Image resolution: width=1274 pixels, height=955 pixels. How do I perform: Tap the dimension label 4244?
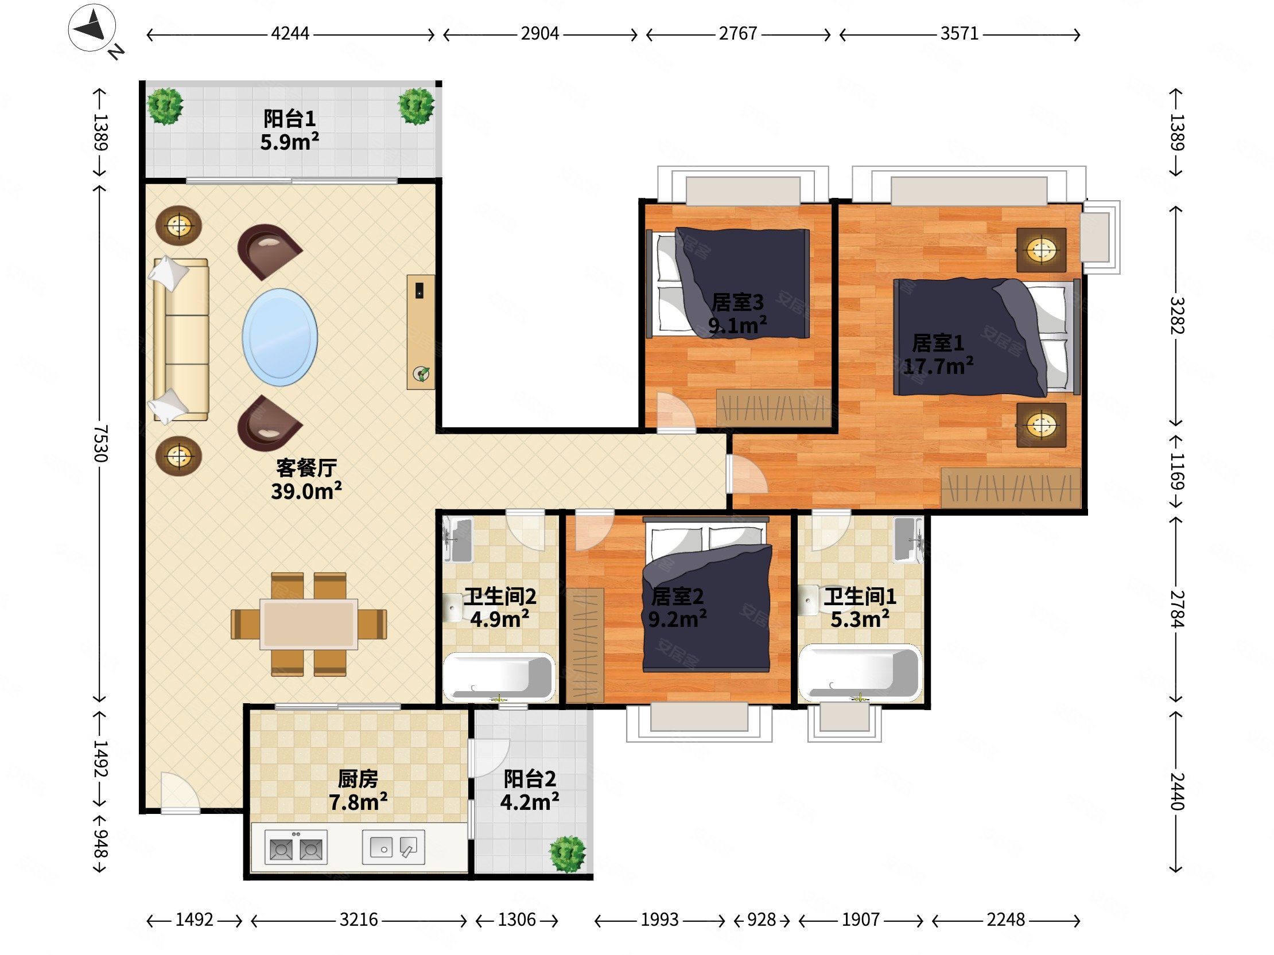pyautogui.click(x=290, y=34)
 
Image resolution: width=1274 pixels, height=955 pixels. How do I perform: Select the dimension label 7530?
pyautogui.click(x=100, y=443)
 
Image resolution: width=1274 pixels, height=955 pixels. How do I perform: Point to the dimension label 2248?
pyautogui.click(x=1005, y=919)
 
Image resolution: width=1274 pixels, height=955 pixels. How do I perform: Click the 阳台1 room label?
pyautogui.click(x=290, y=119)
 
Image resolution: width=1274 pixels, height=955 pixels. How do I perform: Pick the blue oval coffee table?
pyautogui.click(x=280, y=337)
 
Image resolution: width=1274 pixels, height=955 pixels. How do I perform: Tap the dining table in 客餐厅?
pyautogui.click(x=309, y=624)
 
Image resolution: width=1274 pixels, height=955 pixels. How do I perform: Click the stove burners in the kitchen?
pyautogui.click(x=296, y=847)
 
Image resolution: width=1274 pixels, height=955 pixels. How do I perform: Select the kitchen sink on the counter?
pyautogui.click(x=393, y=847)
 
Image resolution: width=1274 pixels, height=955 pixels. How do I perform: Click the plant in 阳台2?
pyautogui.click(x=568, y=853)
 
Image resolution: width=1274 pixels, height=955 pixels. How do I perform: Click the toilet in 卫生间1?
pyautogui.click(x=809, y=601)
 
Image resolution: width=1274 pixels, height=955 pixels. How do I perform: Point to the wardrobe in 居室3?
pyautogui.click(x=774, y=408)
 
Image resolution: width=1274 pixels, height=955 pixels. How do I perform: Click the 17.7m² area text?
pyautogui.click(x=938, y=366)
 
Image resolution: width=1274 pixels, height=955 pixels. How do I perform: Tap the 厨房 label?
pyautogui.click(x=358, y=779)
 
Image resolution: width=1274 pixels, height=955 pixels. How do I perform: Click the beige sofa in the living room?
pyautogui.click(x=181, y=340)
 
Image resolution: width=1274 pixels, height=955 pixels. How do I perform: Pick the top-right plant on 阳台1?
pyautogui.click(x=417, y=106)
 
